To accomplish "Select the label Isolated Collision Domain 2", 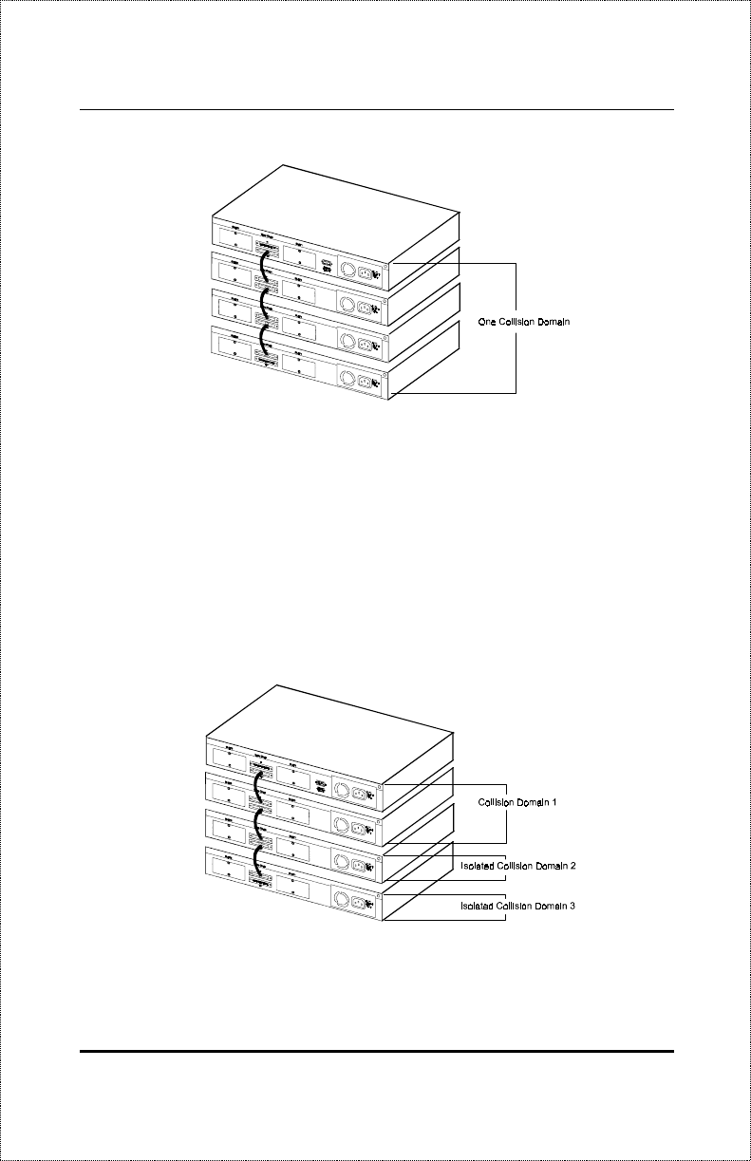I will point(518,867).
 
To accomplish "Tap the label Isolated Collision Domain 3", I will point(518,907).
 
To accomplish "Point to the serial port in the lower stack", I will point(320,786).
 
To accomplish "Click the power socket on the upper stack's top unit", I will point(365,273).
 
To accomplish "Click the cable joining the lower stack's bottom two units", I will point(257,857).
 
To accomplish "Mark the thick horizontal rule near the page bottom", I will point(377,1052).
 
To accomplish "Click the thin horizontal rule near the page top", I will point(377,109).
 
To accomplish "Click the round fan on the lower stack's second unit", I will point(341,829).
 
